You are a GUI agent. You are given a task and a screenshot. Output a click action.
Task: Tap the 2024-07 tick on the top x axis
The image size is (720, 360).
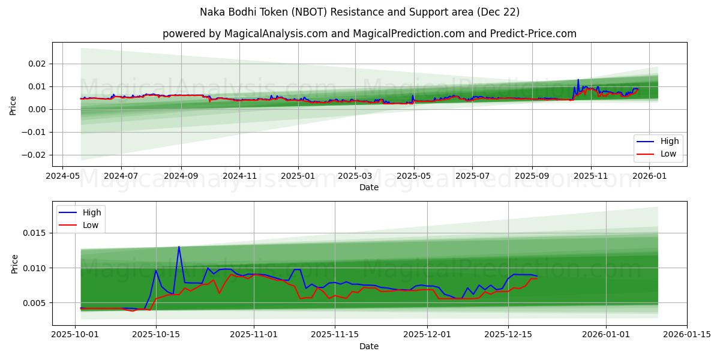(x=121, y=176)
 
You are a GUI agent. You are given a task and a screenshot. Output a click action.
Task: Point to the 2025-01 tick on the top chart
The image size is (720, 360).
(x=298, y=176)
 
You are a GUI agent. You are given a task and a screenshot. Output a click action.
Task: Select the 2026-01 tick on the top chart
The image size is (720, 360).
(x=650, y=176)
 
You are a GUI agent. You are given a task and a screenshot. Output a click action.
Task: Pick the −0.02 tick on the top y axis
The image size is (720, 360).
(x=34, y=155)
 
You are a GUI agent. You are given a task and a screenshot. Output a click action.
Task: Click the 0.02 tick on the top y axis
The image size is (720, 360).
(x=37, y=64)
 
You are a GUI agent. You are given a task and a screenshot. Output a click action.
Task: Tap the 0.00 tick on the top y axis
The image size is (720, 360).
(x=37, y=109)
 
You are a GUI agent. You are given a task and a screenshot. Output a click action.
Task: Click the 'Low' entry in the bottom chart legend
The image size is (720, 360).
(x=90, y=225)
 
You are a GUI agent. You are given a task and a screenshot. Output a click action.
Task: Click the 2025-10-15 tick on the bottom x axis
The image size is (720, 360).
(x=156, y=335)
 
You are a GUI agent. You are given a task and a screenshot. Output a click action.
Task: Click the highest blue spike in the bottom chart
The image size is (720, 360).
(x=179, y=247)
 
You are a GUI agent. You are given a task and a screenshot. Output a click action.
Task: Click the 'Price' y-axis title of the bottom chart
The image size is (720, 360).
(x=14, y=263)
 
